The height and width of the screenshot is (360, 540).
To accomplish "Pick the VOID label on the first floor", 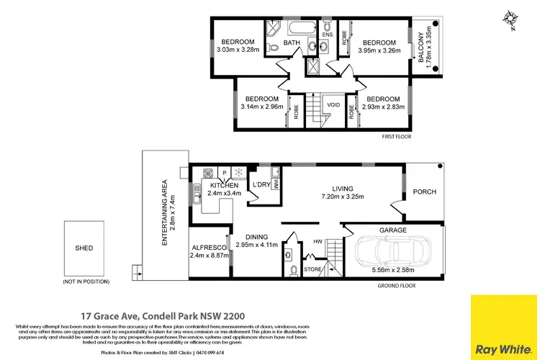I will pyautogui.click(x=333, y=104).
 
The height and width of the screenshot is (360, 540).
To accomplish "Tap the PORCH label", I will pyautogui.click(x=424, y=192).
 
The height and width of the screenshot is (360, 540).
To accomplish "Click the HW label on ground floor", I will pyautogui.click(x=318, y=242).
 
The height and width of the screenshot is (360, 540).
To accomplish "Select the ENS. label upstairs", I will pyautogui.click(x=327, y=34).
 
